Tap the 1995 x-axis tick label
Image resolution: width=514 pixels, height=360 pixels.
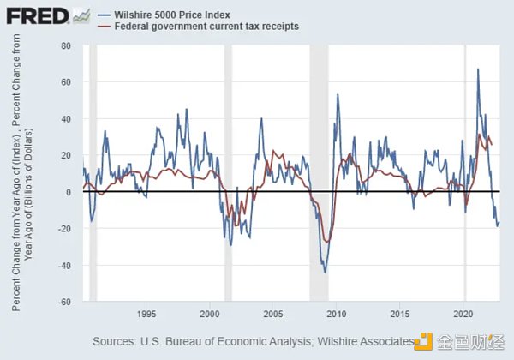tap(146, 313)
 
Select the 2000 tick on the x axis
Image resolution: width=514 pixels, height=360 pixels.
tap(210, 313)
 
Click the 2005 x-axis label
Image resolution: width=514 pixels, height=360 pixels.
tap(273, 313)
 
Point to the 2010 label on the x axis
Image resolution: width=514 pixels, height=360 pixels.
tap(337, 313)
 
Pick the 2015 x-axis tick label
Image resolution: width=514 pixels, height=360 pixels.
tap(400, 313)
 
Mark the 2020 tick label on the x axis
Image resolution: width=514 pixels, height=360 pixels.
tap(463, 313)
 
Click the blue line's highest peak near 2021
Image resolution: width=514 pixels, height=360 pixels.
tap(477, 69)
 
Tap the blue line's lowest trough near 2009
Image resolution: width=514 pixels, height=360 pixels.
tap(325, 273)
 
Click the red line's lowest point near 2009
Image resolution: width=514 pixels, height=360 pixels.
tap(326, 243)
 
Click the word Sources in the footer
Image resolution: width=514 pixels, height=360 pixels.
tap(117, 341)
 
